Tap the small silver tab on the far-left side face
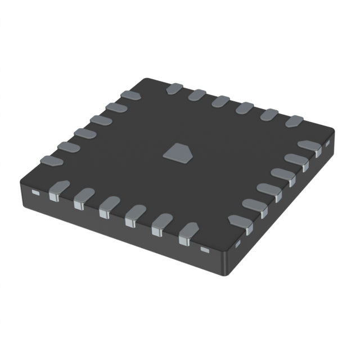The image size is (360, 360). (x=35, y=193)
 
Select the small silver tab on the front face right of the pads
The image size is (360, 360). (x=205, y=248)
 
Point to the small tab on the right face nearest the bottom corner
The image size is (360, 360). (x=237, y=244)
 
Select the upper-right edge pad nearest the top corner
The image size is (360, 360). (x=174, y=88)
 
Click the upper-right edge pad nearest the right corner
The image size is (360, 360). (x=294, y=120)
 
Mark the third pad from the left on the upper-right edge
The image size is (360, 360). (x=221, y=101)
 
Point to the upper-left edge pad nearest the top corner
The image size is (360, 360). (x=131, y=96)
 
